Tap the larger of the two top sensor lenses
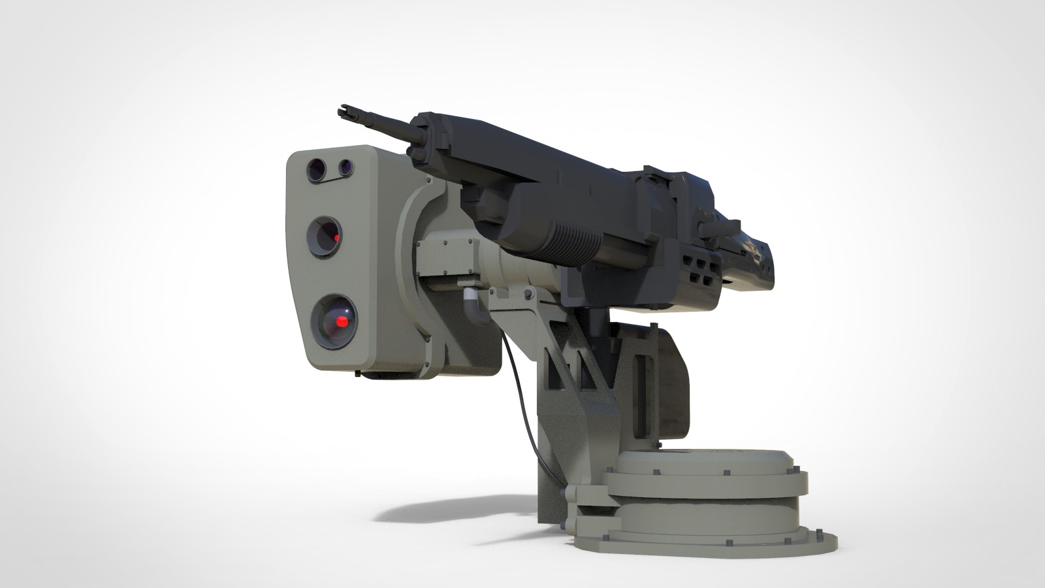(316, 169)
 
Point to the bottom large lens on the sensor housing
(334, 321)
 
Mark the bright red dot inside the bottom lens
(342, 321)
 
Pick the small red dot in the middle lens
(336, 238)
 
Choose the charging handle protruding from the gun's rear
(718, 229)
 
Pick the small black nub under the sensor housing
(359, 374)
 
